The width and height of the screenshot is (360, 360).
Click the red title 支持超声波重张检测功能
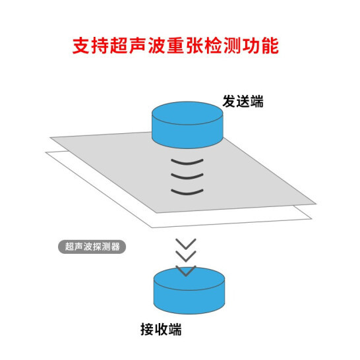(175, 45)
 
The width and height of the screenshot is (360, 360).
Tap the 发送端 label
(243, 102)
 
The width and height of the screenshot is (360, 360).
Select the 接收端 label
(161, 329)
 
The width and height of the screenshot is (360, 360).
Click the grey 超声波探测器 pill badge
(92, 247)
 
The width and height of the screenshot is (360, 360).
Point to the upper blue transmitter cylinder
(187, 125)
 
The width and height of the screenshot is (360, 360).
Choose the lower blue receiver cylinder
(189, 290)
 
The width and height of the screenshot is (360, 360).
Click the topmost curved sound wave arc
(187, 162)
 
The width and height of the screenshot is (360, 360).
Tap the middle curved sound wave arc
(187, 176)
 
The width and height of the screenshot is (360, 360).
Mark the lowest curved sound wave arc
(187, 192)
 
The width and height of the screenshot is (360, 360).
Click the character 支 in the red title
(81, 45)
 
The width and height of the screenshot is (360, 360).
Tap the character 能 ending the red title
(270, 45)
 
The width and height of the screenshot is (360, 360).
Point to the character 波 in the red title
(157, 45)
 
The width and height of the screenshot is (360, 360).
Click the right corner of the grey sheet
(316, 204)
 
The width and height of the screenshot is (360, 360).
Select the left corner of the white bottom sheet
(45, 152)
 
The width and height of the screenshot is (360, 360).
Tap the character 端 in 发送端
(256, 102)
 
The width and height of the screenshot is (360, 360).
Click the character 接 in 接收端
(147, 329)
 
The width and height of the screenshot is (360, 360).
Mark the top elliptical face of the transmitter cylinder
(187, 113)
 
